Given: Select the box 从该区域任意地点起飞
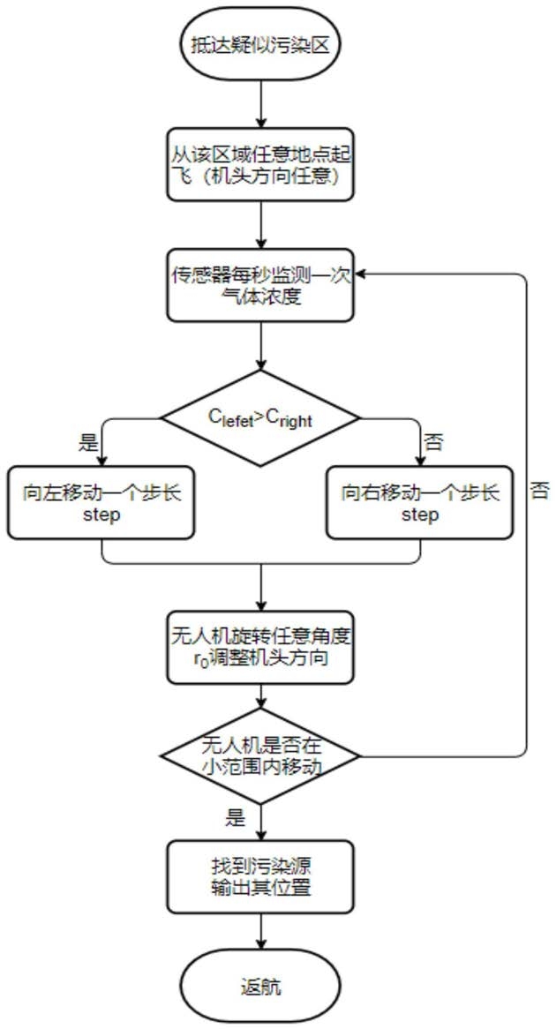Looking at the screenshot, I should click(260, 166).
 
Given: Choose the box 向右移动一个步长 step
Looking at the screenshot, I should click(418, 503).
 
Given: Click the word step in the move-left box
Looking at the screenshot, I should click(103, 514).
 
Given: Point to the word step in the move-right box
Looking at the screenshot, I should click(418, 514).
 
